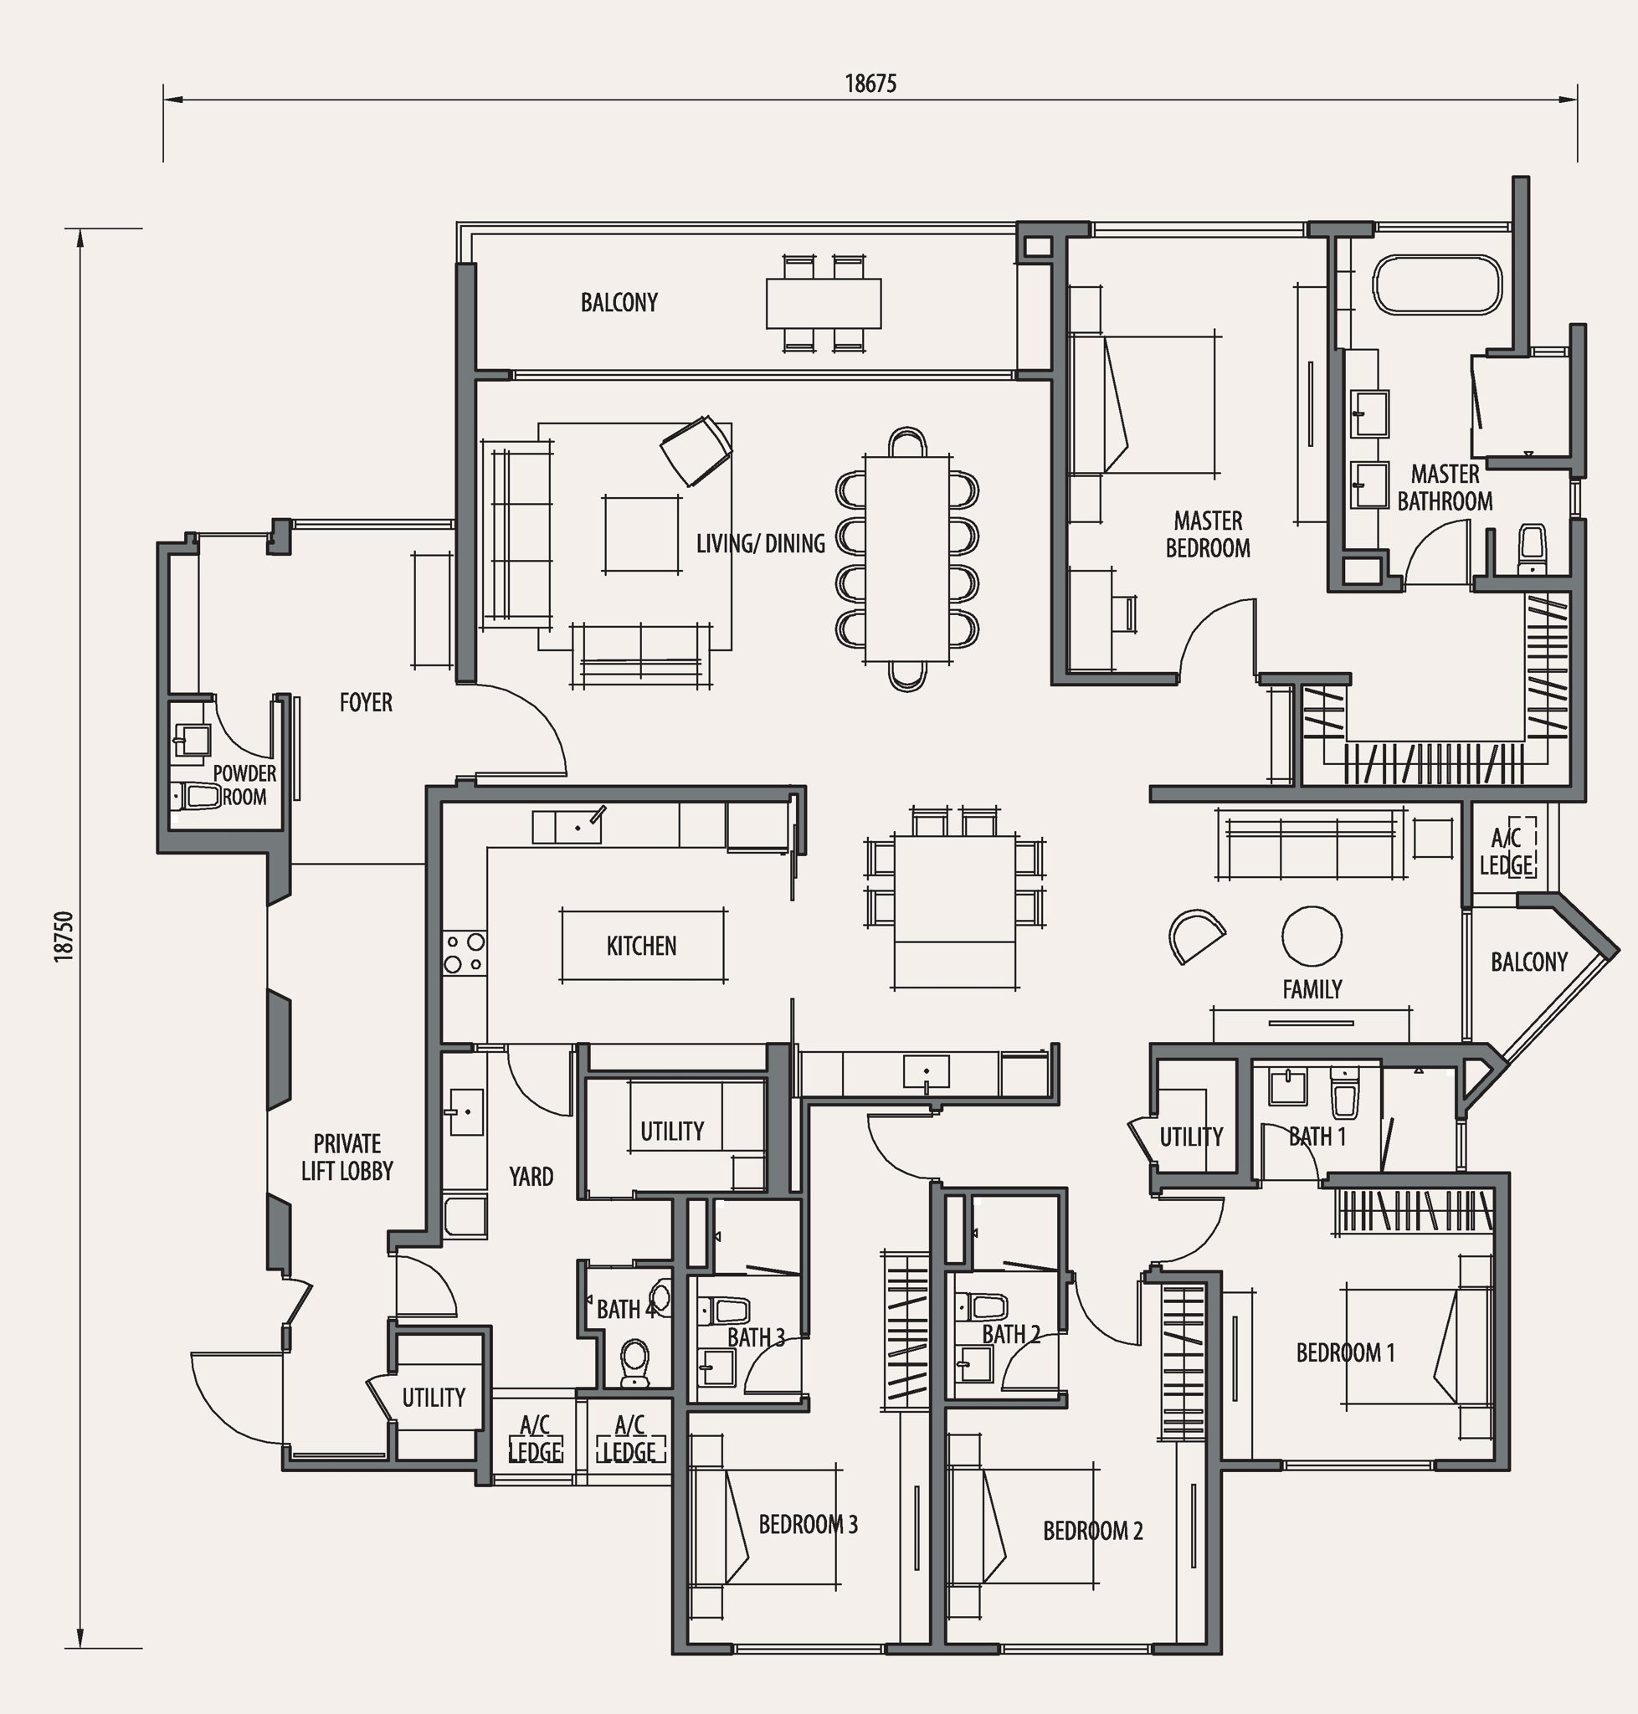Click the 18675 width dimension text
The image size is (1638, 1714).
click(870, 84)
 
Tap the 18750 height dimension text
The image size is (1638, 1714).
click(63, 937)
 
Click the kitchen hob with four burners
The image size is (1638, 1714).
click(465, 952)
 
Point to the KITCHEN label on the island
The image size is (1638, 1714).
click(642, 946)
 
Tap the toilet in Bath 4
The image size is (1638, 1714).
click(634, 1363)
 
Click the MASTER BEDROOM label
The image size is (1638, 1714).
click(1208, 535)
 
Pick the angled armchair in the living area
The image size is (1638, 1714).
click(696, 449)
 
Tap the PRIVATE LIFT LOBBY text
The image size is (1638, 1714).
click(347, 1157)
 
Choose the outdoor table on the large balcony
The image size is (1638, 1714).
click(824, 303)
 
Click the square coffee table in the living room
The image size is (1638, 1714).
click(642, 535)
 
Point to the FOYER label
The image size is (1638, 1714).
click(366, 702)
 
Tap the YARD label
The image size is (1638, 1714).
click(531, 1176)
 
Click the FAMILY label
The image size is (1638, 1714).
click(1312, 989)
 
